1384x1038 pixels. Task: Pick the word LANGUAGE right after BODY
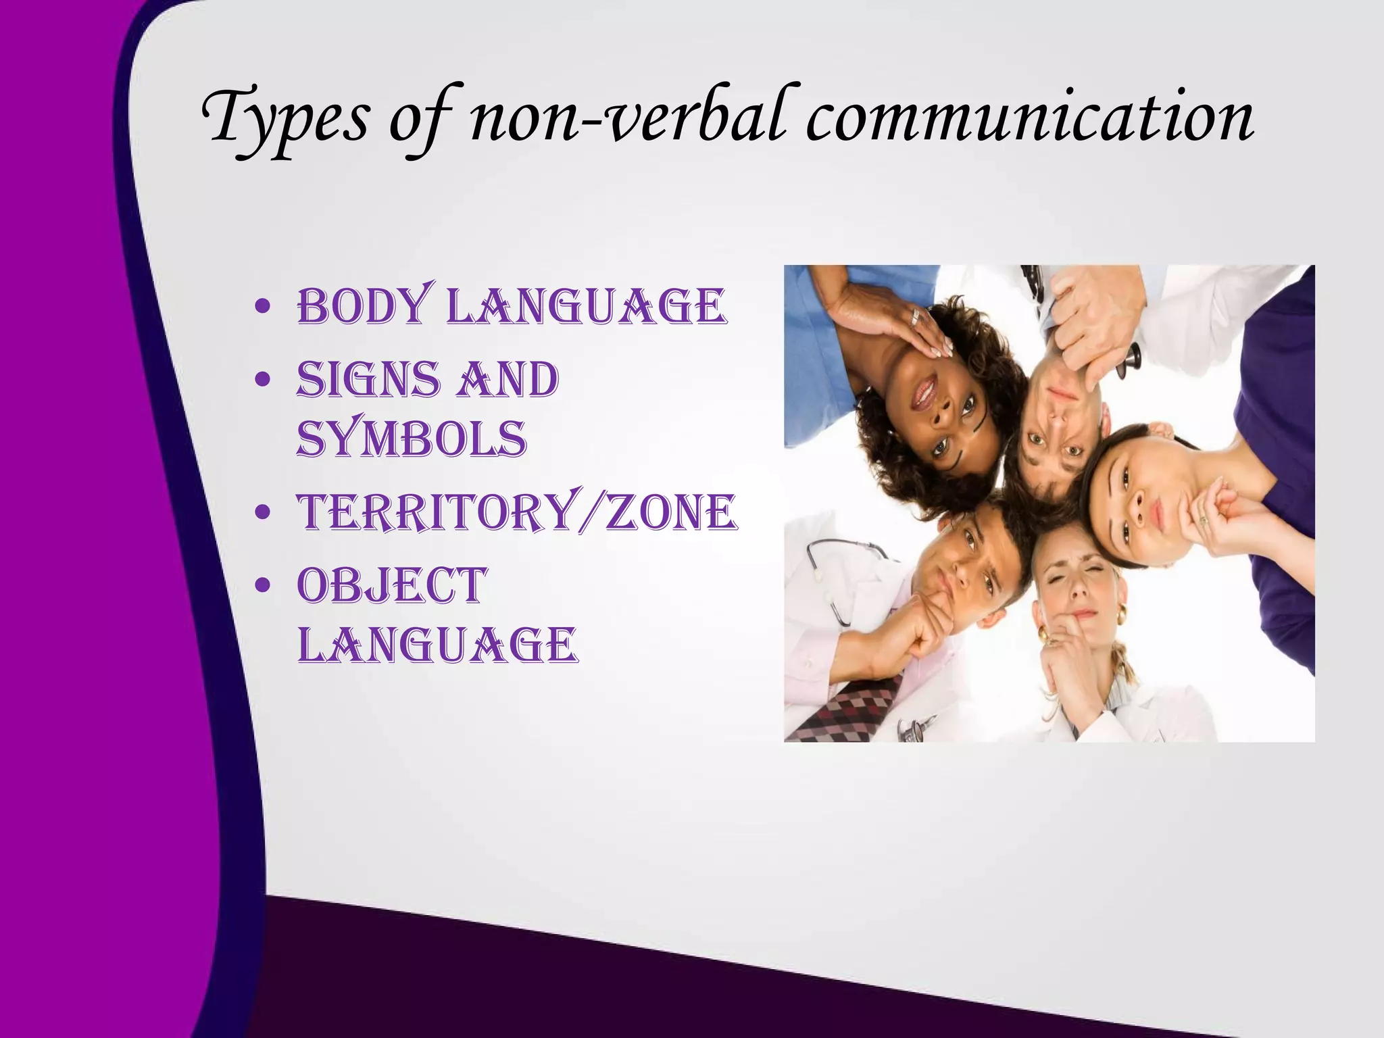(588, 307)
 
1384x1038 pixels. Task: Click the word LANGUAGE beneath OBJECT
(437, 645)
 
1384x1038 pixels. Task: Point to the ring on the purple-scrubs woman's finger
(1202, 520)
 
